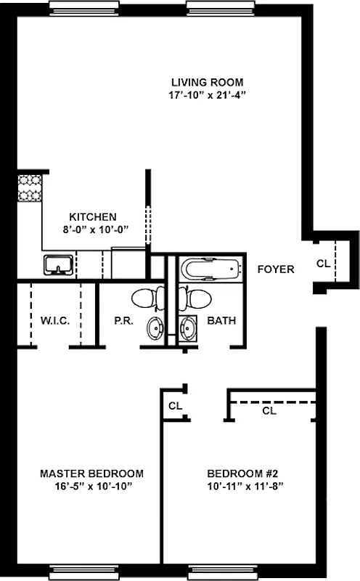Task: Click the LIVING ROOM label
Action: click(207, 81)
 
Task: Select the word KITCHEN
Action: click(92, 216)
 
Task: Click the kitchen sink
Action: click(57, 265)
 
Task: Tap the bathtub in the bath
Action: click(210, 269)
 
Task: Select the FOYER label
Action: click(276, 269)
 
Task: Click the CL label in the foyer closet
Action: click(323, 264)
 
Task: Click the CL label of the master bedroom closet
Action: click(175, 406)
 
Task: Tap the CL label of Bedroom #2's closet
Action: click(269, 411)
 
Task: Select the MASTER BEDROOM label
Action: click(91, 473)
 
